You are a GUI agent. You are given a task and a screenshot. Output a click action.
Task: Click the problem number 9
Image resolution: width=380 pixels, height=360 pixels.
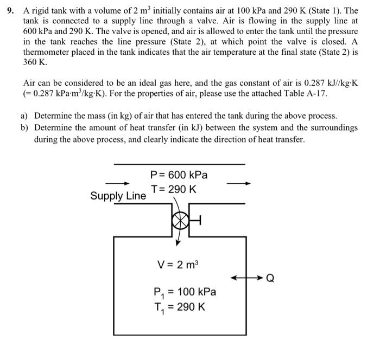9,11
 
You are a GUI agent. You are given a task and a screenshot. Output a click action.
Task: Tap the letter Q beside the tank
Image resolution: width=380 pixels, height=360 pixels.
269,279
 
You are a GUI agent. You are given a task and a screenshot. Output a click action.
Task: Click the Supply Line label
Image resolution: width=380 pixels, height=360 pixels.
118,196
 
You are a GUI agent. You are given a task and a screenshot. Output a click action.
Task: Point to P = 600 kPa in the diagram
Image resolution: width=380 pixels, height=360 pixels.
179,175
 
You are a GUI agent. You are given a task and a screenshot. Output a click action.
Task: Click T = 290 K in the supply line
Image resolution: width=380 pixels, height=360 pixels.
174,189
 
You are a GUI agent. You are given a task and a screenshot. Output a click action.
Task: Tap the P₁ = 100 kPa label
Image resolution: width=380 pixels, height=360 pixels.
184,292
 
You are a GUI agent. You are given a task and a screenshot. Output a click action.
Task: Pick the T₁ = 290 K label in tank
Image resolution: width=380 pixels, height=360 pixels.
179,307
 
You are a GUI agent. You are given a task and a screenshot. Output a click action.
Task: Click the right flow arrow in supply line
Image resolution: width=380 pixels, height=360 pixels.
239,183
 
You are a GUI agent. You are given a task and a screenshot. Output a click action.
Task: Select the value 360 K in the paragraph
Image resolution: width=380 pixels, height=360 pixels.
35,62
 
